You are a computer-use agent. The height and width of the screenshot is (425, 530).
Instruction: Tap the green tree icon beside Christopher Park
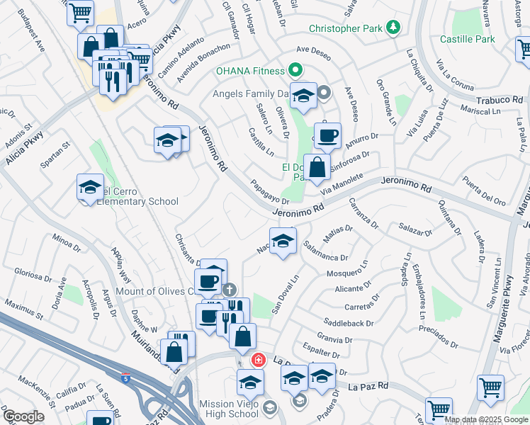[393, 28]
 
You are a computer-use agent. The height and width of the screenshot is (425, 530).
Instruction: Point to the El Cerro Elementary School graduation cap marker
[91, 187]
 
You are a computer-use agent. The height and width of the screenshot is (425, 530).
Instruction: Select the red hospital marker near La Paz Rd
[259, 360]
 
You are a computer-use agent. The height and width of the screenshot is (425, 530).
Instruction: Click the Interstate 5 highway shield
[125, 378]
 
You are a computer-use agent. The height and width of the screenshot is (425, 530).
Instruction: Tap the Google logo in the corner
[23, 416]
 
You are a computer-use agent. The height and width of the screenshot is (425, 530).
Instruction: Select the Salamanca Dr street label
[325, 252]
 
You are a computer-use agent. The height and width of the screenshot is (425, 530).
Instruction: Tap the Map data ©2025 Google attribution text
[486, 419]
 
